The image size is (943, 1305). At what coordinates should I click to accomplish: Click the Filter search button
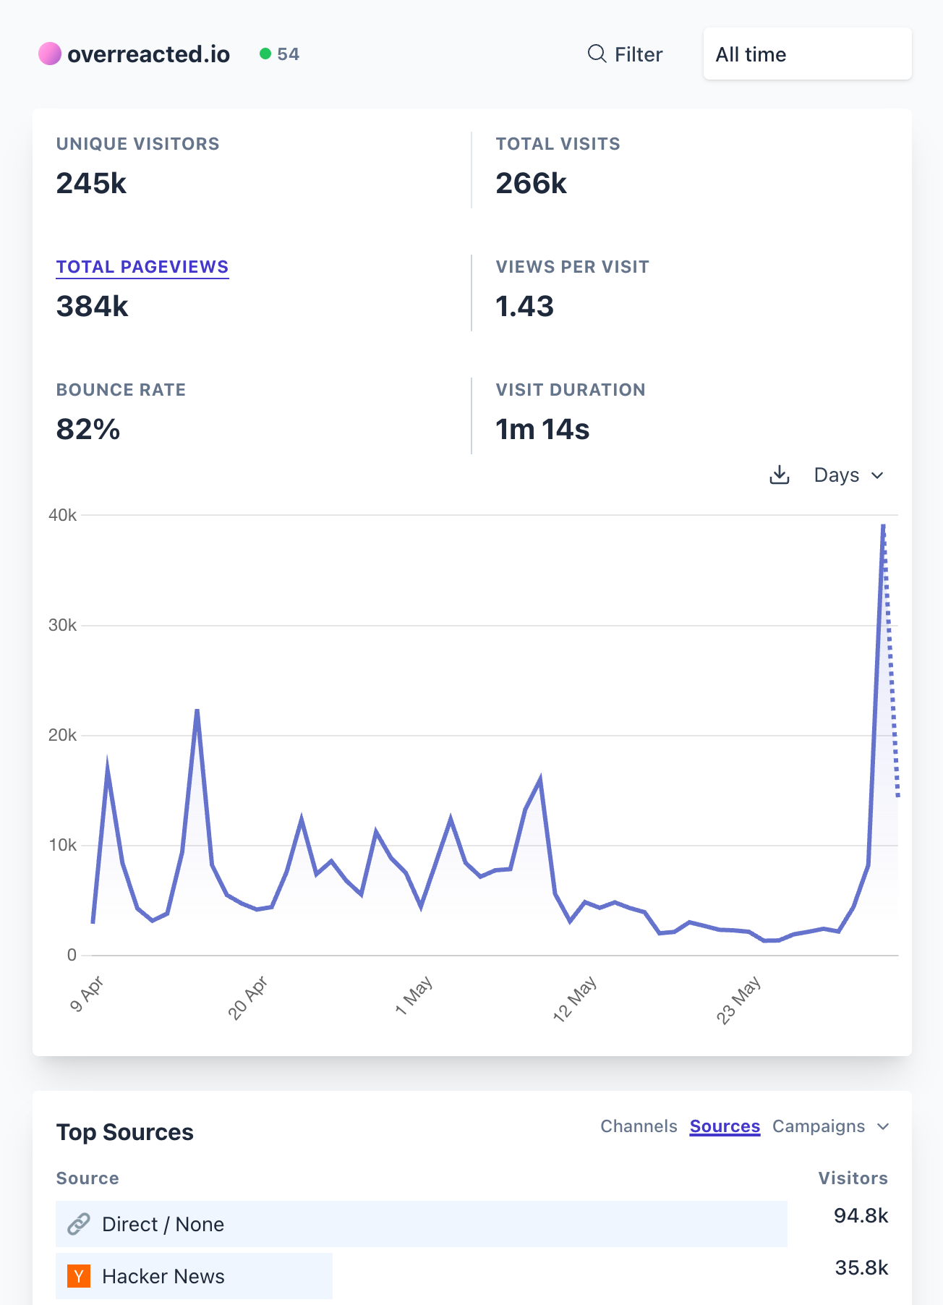tap(625, 54)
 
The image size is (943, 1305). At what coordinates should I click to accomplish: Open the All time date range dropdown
tap(806, 54)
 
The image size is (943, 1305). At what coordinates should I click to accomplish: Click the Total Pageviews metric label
tap(142, 267)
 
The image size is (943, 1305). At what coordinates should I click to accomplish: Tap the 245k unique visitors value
tap(91, 184)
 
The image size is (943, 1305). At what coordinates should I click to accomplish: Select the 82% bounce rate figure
tap(88, 430)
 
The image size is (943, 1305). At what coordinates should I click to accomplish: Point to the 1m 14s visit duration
tap(542, 430)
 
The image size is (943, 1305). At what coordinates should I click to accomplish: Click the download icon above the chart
tap(779, 475)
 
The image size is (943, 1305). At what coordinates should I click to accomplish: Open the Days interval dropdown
tap(848, 475)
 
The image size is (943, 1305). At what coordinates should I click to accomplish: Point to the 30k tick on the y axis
tap(62, 625)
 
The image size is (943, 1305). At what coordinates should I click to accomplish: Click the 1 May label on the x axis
tap(414, 995)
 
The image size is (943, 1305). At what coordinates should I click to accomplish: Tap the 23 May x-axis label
tap(738, 1000)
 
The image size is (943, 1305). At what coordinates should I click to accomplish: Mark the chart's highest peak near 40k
tap(883, 525)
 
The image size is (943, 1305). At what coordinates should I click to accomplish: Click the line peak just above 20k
tap(197, 710)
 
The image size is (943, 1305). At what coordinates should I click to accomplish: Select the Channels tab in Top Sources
tap(639, 1126)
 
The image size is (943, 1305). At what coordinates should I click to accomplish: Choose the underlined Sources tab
tap(725, 1126)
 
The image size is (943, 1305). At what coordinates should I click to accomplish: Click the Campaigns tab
tap(819, 1126)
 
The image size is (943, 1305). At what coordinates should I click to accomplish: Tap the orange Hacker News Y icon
tap(79, 1276)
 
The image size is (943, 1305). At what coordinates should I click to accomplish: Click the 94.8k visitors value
tap(861, 1215)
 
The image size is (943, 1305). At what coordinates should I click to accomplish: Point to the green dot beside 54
tap(265, 54)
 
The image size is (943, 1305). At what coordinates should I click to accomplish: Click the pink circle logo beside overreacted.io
tap(50, 54)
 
